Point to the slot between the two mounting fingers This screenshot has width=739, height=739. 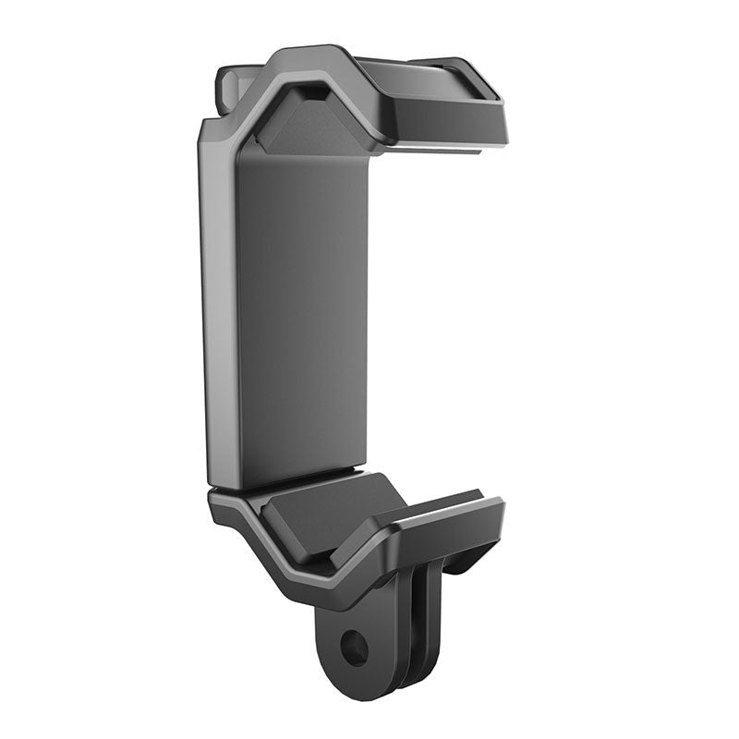[406, 647]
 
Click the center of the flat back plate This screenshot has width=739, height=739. [302, 314]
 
